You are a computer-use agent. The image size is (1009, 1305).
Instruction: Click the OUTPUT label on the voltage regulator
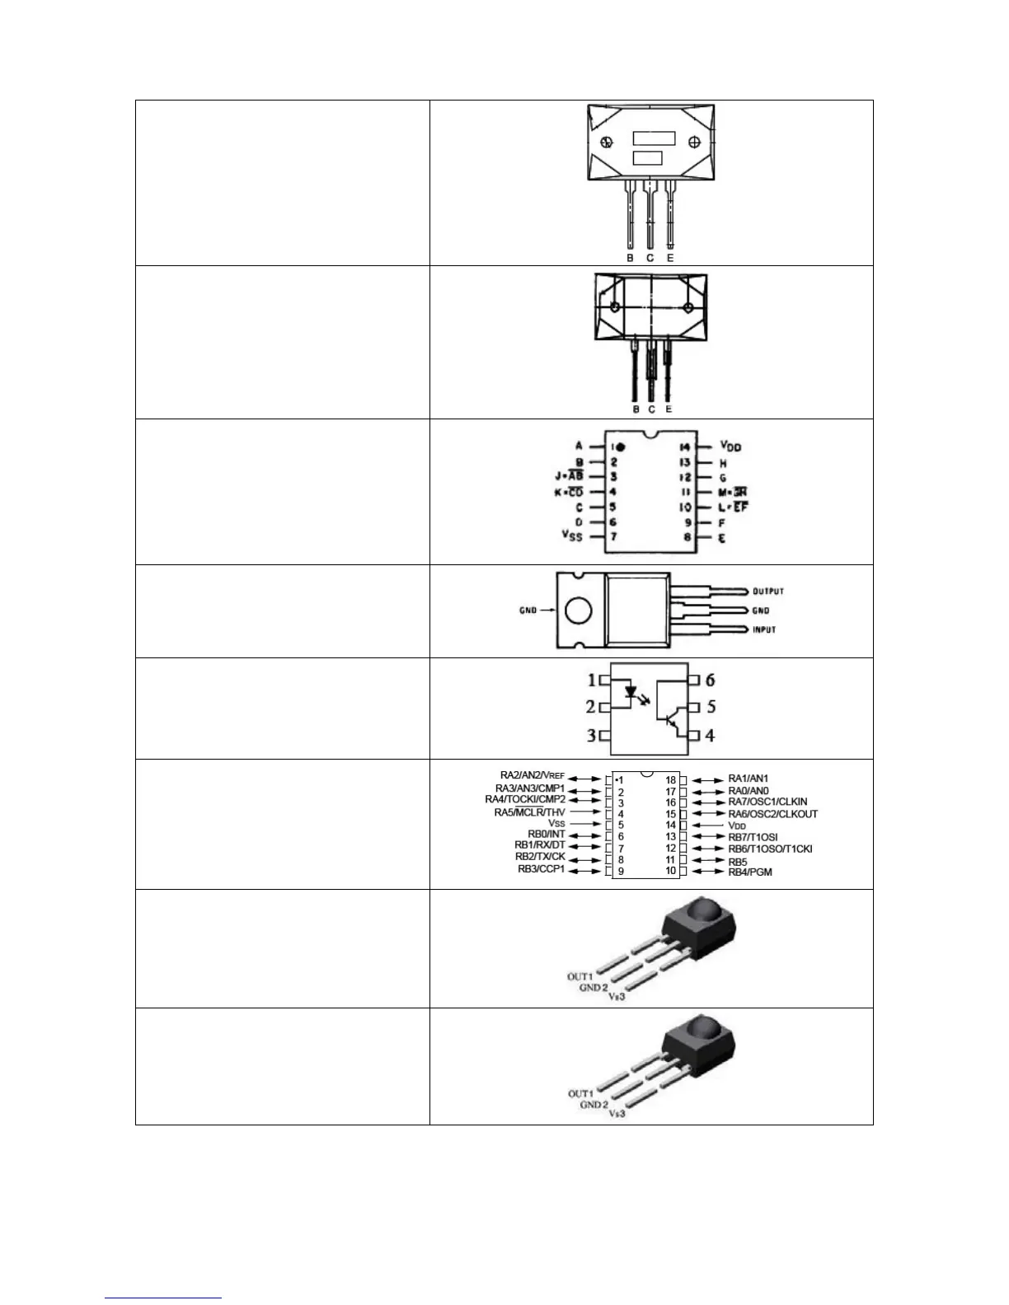(767, 591)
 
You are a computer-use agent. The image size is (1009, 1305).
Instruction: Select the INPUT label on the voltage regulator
(763, 629)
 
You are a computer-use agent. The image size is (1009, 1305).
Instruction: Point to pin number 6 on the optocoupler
(710, 681)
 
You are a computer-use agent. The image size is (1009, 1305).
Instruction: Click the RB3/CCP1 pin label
(541, 869)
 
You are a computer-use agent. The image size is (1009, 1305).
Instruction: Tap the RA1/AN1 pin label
(748, 779)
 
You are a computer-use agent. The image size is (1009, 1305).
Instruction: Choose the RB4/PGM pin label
(750, 871)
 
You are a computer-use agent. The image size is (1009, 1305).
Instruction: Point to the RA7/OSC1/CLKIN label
(767, 802)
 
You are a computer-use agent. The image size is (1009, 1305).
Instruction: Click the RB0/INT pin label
(546, 835)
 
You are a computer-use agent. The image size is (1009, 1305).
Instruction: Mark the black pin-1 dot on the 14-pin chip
(621, 447)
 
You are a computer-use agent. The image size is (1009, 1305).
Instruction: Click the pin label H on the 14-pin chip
(723, 464)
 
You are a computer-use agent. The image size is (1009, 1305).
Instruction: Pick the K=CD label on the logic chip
(569, 492)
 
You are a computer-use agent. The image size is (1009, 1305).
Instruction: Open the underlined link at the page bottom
(163, 1298)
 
